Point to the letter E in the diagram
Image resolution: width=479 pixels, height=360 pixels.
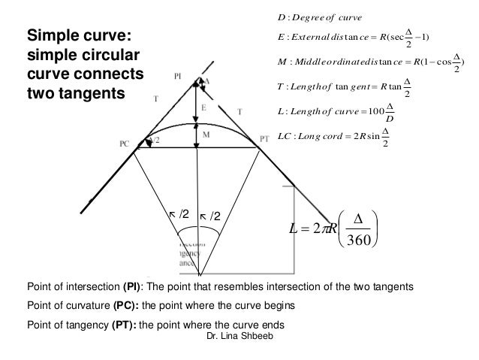click(x=203, y=108)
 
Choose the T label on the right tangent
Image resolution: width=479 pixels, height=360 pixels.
click(x=239, y=111)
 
